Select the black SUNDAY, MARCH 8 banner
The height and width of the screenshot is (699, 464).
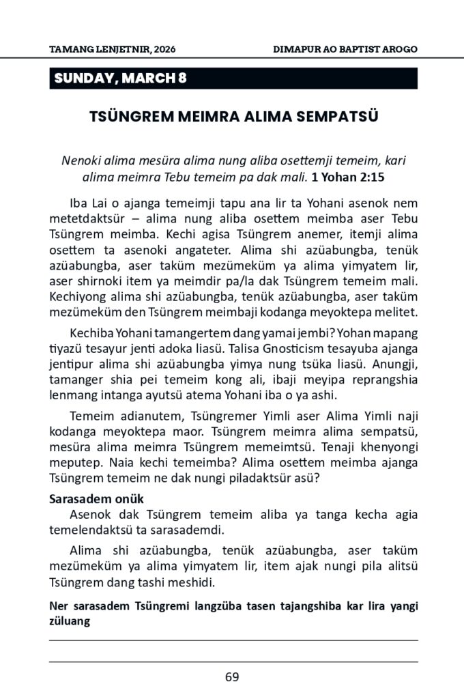[x=233, y=79]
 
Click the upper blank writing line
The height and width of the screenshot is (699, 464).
[x=233, y=640]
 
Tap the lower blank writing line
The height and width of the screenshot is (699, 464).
[x=233, y=661]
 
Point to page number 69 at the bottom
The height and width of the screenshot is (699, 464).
[x=232, y=677]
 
